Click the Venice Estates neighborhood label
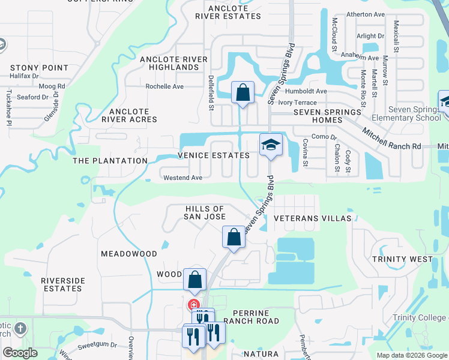click(x=213, y=155)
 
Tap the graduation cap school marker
click(x=271, y=145)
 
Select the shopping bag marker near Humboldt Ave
click(x=243, y=94)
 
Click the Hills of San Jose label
click(x=205, y=212)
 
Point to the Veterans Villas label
click(x=312, y=218)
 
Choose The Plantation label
click(x=110, y=161)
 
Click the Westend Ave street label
click(x=183, y=178)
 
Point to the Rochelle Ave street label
click(x=164, y=86)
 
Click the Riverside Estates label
click(x=62, y=284)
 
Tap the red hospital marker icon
click(x=194, y=304)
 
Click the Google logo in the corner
click(x=20, y=353)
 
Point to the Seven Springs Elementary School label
click(x=414, y=113)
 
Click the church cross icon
click(x=20, y=328)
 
